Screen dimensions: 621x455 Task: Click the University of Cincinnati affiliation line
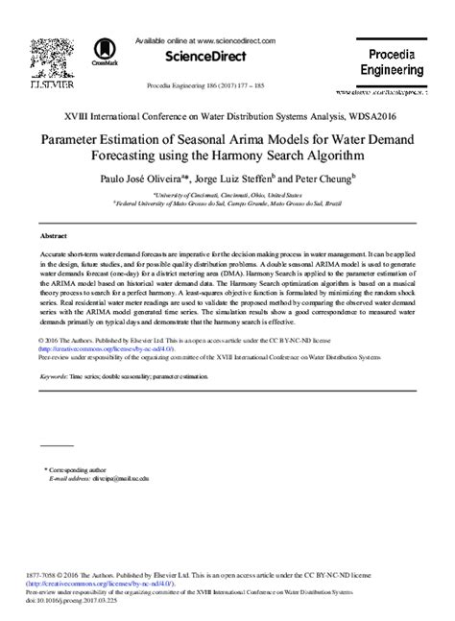click(227, 194)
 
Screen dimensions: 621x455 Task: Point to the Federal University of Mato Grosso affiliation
click(227, 203)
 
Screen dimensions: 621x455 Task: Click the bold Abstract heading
click(53, 235)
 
